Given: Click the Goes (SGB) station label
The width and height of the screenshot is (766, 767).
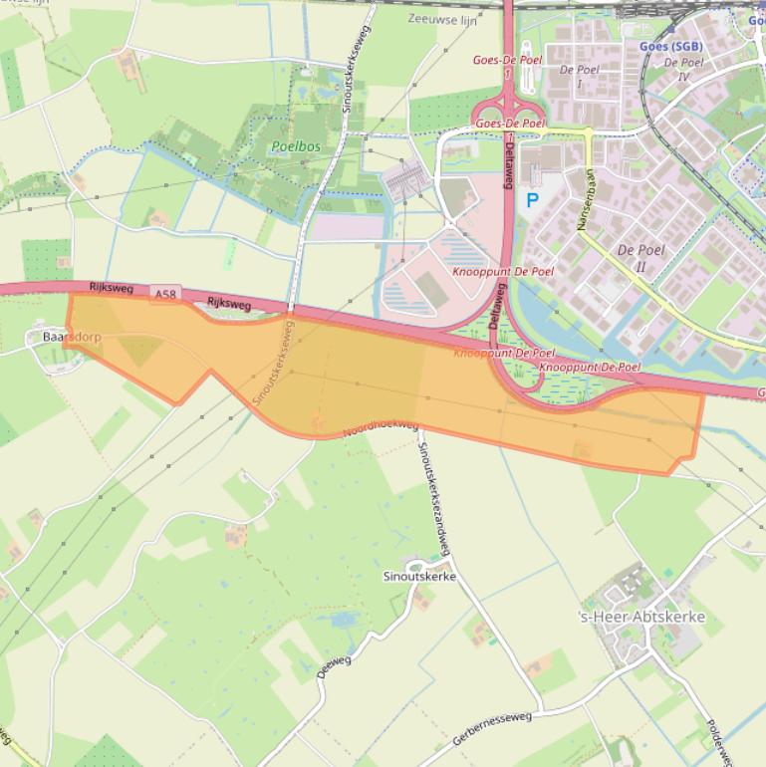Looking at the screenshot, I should pos(670,46).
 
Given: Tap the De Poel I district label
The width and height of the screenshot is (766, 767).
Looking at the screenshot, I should pos(579,76).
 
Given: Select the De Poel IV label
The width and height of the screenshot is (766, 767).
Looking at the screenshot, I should pos(683,69).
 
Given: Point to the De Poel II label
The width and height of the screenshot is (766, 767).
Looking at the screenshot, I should pos(640,257).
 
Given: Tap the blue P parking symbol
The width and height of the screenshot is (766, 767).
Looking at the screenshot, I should pos(532,200).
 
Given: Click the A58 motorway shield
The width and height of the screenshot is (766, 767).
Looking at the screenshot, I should pos(165,295).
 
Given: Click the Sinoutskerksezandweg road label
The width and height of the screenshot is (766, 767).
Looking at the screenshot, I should pos(433,495).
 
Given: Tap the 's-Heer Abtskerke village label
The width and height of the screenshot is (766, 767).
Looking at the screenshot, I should pos(641,617).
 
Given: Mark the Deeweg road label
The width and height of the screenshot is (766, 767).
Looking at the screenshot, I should pos(334,666).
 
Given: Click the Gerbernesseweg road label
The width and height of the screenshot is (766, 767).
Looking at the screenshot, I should pos(492,729).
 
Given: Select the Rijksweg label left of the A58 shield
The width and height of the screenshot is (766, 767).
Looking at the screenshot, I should pos(111,287).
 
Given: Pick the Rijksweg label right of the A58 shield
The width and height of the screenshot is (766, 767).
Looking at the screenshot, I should pos(228,302).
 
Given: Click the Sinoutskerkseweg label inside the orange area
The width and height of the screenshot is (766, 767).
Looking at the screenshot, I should pos(275,367).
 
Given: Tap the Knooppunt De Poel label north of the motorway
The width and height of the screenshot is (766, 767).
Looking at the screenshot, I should pos(503,271).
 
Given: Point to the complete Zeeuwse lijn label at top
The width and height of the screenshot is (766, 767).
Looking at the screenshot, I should pos(442,19).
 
